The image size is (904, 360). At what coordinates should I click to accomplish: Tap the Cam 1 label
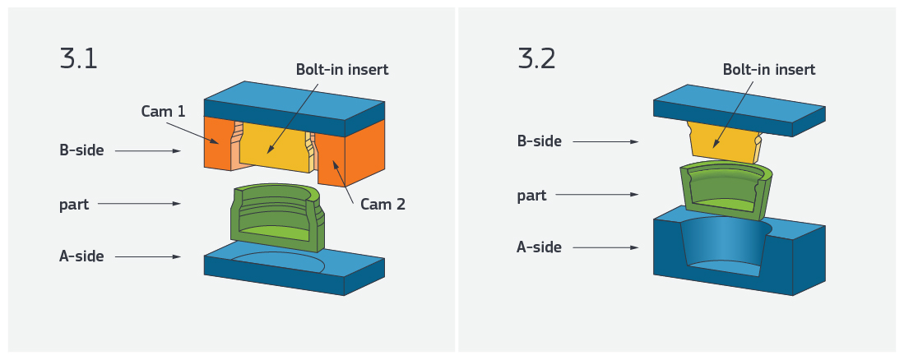click(161, 111)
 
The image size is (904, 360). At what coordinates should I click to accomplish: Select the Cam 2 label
click(382, 205)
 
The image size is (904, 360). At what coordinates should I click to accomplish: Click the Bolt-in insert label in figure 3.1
click(342, 70)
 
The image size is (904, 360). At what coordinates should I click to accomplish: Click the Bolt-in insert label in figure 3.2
click(769, 70)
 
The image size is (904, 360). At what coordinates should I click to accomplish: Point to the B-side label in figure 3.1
click(81, 150)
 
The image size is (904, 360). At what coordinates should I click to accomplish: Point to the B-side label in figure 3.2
click(539, 141)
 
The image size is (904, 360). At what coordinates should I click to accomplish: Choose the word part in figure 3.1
click(74, 204)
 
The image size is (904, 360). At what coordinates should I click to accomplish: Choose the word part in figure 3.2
click(532, 196)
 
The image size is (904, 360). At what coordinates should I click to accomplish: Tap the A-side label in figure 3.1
click(81, 256)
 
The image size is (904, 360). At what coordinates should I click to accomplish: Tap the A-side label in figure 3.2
click(539, 247)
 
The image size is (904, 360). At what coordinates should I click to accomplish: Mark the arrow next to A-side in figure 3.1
click(148, 256)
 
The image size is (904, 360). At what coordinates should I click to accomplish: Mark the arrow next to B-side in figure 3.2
click(605, 142)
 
